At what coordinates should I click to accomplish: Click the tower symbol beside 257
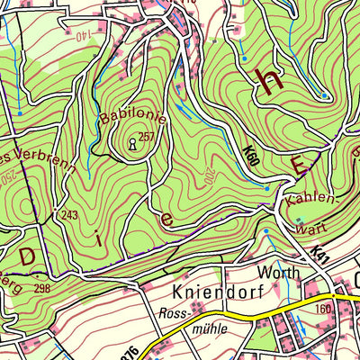133,141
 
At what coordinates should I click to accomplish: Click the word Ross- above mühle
173,313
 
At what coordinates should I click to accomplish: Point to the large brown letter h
267,80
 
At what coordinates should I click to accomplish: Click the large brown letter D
27,256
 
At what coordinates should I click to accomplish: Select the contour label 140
85,36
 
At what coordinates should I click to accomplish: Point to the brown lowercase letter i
97,237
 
